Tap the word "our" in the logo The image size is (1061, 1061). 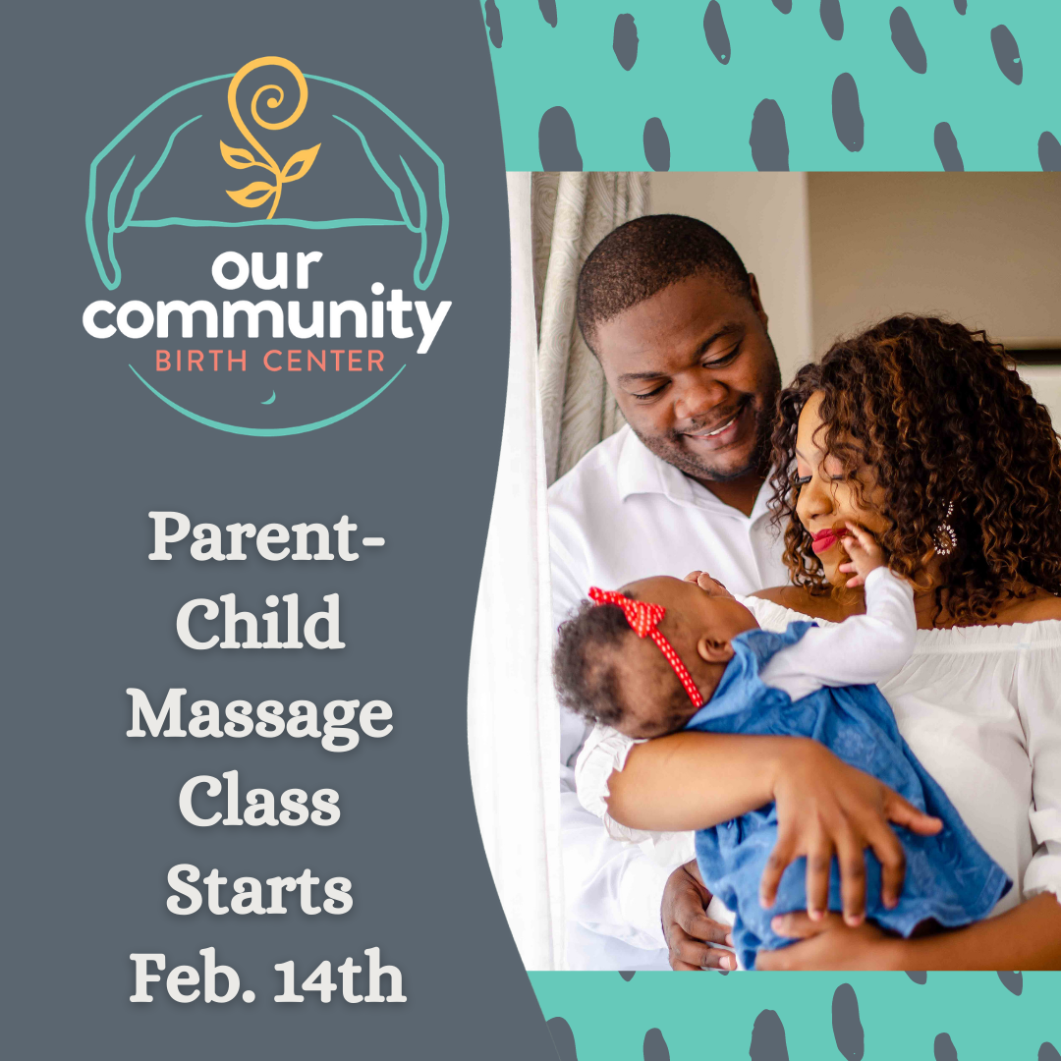coord(266,268)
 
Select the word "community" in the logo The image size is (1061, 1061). coord(266,315)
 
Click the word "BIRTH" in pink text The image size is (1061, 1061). coord(200,361)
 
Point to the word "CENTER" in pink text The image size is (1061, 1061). coord(323,361)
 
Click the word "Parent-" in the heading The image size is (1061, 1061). coord(266,536)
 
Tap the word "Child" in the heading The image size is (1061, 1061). coord(260,622)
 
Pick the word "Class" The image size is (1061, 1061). coord(259,801)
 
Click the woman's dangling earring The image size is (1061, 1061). coord(945,530)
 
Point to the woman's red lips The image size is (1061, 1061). coord(827,540)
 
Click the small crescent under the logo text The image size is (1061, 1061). coord(269,398)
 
